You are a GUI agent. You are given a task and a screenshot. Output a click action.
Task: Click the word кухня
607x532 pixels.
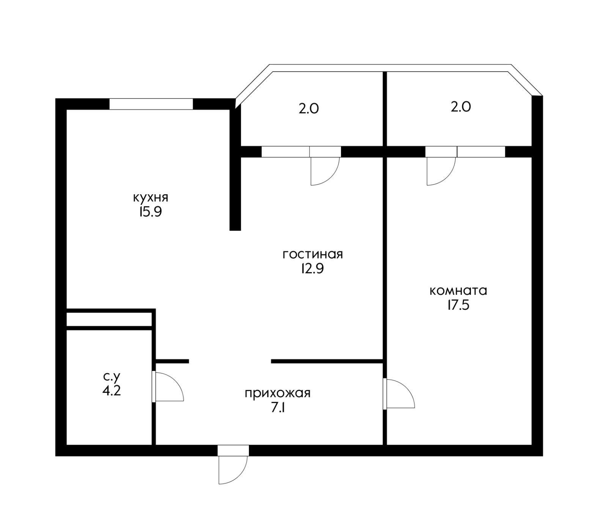click(x=151, y=198)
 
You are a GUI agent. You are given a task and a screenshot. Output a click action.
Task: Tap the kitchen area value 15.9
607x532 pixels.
click(x=151, y=212)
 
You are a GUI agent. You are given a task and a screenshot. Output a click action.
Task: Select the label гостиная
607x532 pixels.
click(x=313, y=254)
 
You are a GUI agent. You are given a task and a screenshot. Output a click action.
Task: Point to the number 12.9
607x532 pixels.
click(x=312, y=269)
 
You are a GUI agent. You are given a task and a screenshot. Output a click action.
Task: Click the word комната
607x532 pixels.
click(x=458, y=291)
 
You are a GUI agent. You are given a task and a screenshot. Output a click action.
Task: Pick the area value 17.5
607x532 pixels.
click(x=458, y=306)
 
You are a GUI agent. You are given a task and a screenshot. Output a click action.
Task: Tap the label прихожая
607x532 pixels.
click(x=277, y=393)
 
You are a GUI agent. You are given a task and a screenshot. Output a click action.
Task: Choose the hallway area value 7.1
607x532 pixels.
click(x=277, y=408)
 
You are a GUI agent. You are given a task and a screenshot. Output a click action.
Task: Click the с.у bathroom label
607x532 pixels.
click(x=112, y=377)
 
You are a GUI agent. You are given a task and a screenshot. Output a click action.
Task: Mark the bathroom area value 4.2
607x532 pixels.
click(x=112, y=391)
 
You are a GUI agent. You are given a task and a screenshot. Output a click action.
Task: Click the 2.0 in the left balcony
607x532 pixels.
click(x=309, y=109)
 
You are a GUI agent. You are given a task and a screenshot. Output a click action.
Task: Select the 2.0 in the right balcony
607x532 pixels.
click(x=461, y=107)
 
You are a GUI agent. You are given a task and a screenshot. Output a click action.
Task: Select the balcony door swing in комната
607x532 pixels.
click(x=440, y=171)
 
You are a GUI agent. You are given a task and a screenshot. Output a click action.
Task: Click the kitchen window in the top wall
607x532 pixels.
click(x=151, y=104)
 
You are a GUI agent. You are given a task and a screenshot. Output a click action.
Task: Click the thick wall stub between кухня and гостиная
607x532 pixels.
click(x=235, y=190)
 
